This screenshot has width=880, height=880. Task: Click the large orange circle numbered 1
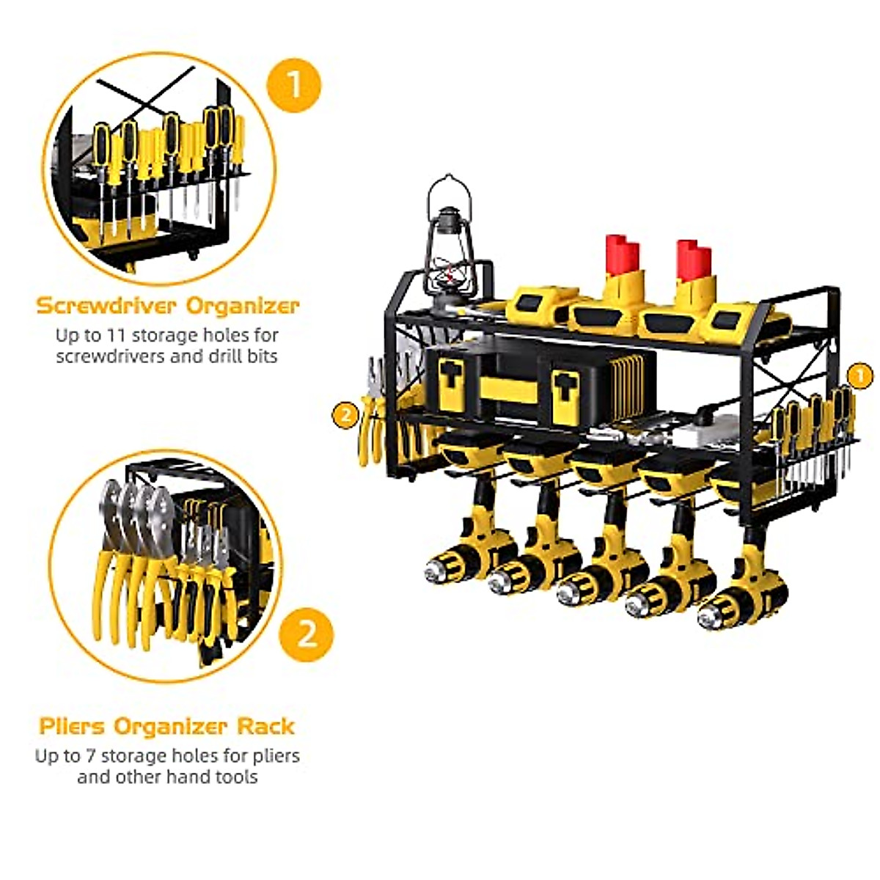click(293, 85)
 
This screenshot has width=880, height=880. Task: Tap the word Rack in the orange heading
click(265, 727)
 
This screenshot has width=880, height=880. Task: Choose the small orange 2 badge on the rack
click(345, 415)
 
